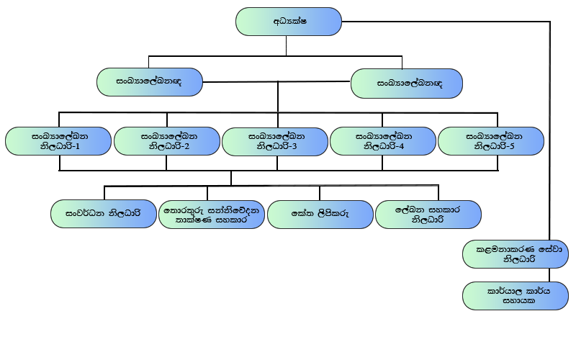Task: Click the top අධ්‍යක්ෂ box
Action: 288,22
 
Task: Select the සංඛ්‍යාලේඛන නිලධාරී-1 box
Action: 59,140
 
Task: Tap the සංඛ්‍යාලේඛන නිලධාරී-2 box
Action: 168,140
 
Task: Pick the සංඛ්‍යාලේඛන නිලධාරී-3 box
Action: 276,140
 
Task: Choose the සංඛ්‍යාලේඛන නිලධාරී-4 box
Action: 384,140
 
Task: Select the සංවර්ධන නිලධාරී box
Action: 104,214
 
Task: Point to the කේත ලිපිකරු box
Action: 320,214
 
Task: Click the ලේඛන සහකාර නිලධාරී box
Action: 428,214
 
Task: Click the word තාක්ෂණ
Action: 192,220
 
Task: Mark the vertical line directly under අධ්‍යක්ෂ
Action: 287,45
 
